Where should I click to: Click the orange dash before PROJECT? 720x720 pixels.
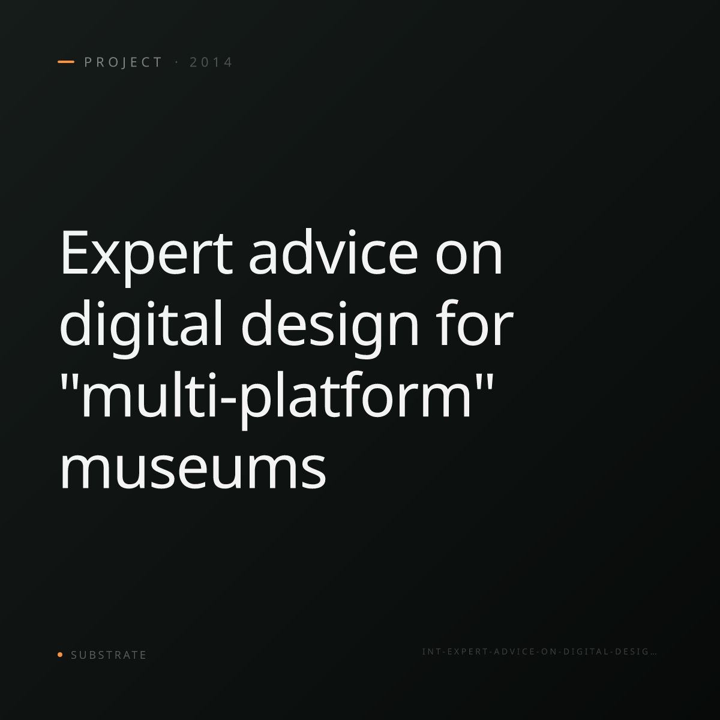[x=66, y=62]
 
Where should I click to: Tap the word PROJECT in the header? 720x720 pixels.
[x=124, y=62]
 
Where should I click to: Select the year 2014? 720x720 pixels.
[x=211, y=62]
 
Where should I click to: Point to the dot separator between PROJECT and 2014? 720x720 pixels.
[x=176, y=62]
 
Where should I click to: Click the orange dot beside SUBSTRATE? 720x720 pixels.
[x=60, y=654]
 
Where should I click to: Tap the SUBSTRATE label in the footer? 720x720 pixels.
[x=109, y=655]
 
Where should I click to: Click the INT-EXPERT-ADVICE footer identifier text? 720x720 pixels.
[x=539, y=652]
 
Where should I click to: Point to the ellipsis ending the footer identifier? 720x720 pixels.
[x=653, y=654]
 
